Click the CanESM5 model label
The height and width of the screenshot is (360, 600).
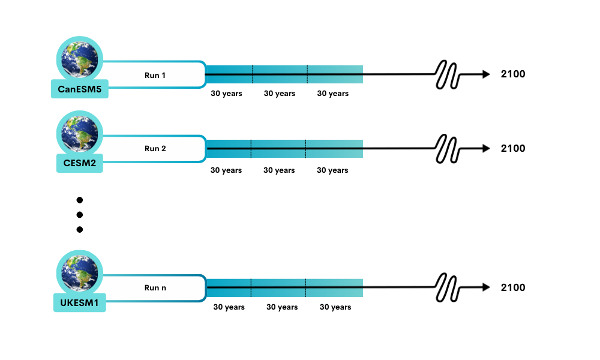click(80, 89)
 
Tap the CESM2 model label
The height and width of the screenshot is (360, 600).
click(80, 163)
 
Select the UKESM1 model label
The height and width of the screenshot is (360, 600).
click(80, 302)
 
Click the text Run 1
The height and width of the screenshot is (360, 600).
click(155, 76)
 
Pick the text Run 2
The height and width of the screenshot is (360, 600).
click(155, 148)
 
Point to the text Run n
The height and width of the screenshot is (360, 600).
click(155, 287)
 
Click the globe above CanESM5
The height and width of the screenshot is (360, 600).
click(80, 59)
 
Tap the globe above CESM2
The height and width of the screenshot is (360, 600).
click(80, 134)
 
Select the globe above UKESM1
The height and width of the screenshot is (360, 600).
click(80, 273)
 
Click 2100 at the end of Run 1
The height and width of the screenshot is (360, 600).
click(513, 74)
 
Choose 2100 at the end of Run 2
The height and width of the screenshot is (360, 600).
click(513, 148)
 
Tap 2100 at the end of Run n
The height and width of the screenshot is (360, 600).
click(513, 287)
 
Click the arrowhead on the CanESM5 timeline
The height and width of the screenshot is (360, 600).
click(487, 74)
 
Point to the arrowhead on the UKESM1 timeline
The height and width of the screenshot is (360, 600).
click(487, 287)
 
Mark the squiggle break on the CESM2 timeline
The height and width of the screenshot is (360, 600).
click(447, 148)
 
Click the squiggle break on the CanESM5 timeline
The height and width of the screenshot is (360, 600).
click(447, 74)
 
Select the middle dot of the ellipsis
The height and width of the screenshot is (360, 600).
click(80, 215)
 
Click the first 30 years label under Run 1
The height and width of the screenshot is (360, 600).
click(227, 94)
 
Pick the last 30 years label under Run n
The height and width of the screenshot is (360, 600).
click(335, 307)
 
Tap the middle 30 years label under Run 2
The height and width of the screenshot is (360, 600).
click(279, 170)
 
